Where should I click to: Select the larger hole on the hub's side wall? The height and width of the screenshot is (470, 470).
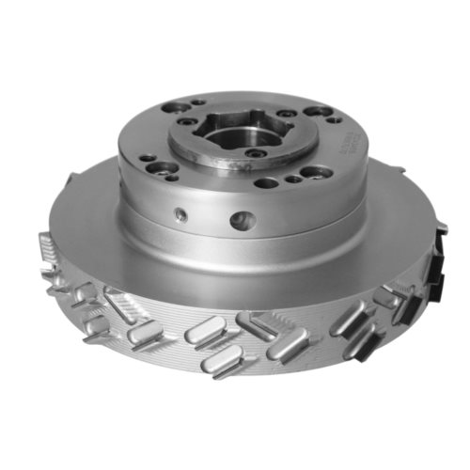pos(243,221)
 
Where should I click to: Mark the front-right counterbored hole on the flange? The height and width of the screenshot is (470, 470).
pos(315,172)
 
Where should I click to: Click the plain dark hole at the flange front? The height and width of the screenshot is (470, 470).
pos(267,182)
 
